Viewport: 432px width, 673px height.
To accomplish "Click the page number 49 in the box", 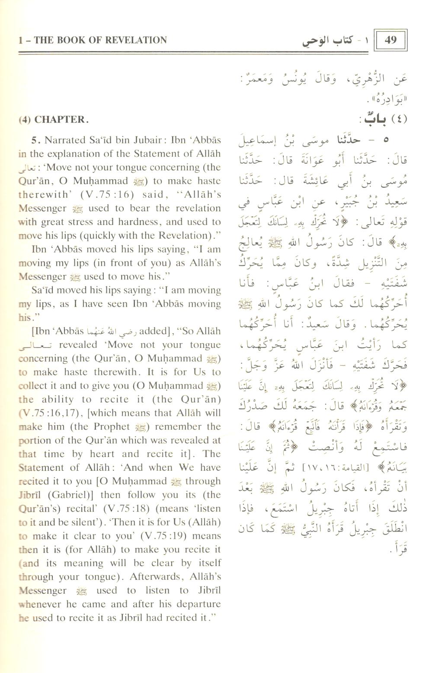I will (390, 40).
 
